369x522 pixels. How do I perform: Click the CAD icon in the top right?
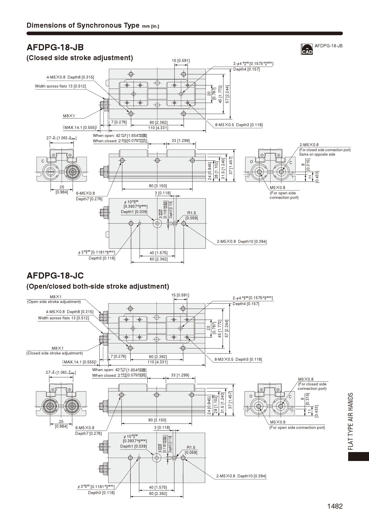(307, 49)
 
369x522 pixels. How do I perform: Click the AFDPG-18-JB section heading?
(55, 47)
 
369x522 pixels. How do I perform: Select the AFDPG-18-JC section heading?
(55, 275)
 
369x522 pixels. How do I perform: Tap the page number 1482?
(335, 506)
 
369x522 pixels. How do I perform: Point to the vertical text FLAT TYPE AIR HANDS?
(351, 421)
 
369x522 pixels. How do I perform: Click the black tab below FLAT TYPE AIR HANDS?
(358, 457)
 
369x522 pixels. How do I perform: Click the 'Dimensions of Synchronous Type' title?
(83, 25)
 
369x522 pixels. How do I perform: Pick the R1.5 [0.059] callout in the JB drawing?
(191, 215)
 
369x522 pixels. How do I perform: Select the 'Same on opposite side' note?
(317, 154)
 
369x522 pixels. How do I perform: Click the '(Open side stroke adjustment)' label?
(54, 302)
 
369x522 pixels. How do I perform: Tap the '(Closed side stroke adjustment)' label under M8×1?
(54, 353)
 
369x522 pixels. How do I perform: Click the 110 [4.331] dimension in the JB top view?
(158, 128)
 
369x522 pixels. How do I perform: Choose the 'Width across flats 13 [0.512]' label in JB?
(60, 86)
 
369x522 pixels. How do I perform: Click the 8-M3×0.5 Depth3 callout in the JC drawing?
(238, 359)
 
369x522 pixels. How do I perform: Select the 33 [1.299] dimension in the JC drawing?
(180, 375)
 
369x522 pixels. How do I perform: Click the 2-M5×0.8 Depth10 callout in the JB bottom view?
(242, 241)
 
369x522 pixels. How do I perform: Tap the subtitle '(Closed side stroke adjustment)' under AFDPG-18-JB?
(80, 58)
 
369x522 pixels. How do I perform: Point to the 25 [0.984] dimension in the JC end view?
(61, 424)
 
